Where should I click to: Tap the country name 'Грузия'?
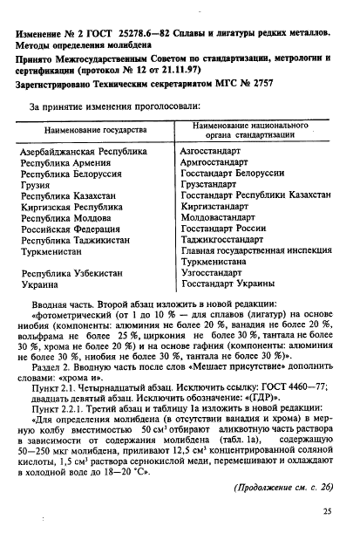coord(37,187)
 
